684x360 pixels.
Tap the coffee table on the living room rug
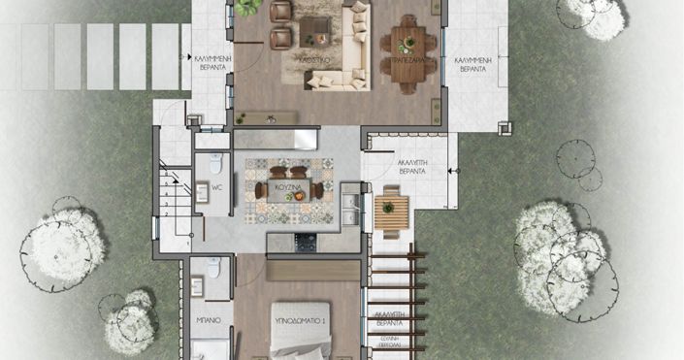coord(313,28)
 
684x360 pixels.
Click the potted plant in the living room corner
coord(248,7)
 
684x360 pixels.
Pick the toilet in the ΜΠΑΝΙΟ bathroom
coord(214,268)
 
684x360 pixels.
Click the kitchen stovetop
coord(306,240)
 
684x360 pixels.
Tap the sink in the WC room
coord(203,192)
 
